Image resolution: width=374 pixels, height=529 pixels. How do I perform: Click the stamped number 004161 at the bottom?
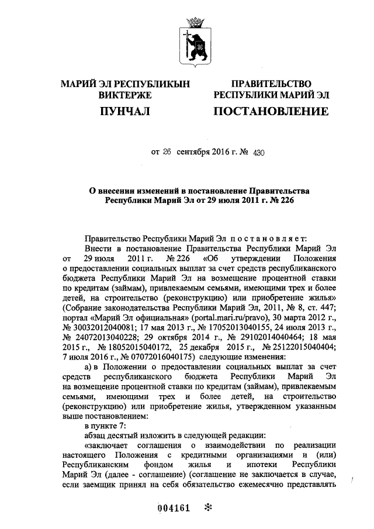[x=174, y=507]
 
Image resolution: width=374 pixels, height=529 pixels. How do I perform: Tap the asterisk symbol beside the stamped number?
[x=206, y=507]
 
